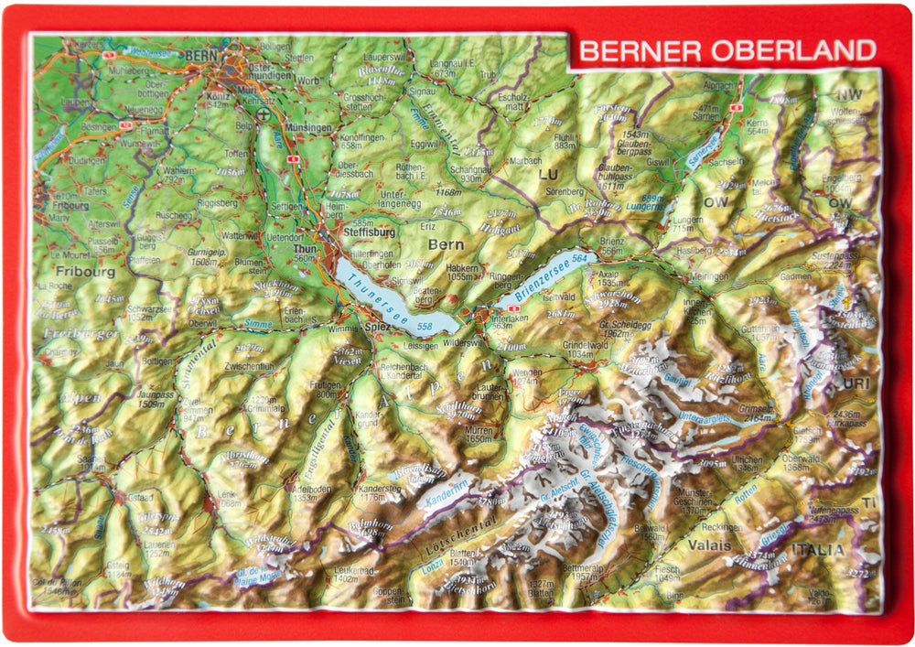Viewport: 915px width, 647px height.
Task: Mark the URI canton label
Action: [856, 383]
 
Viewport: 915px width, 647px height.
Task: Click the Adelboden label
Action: [310, 489]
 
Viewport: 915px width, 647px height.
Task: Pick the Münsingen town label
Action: [308, 128]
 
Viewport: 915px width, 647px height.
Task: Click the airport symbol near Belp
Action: [265, 114]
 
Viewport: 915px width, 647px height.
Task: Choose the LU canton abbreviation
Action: [549, 173]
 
